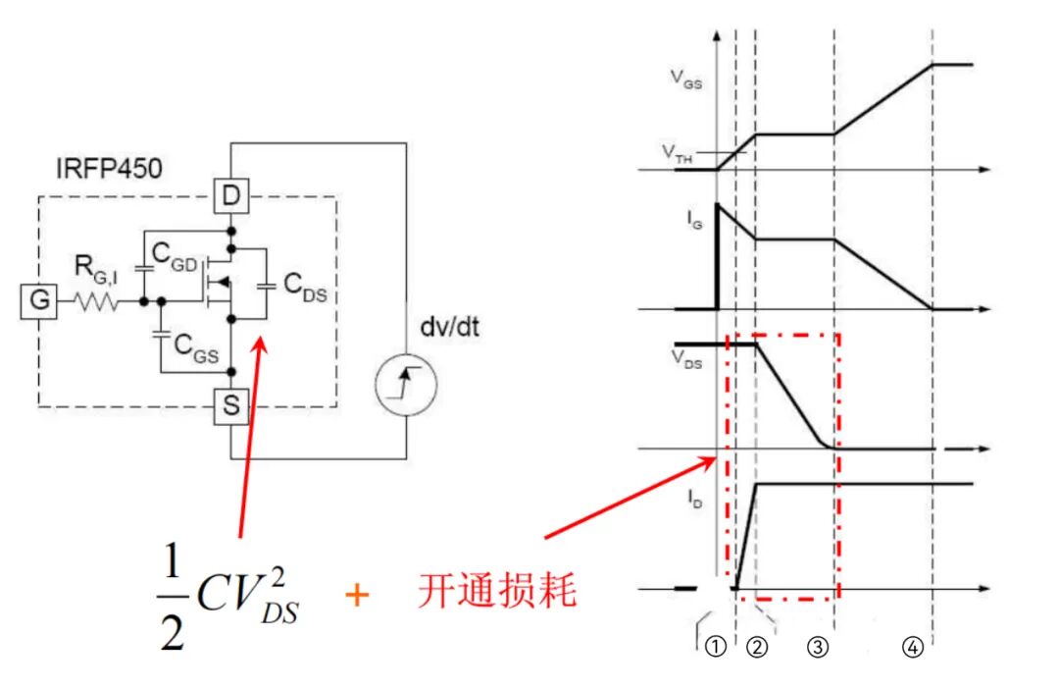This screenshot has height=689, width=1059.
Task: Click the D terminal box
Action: coord(230,197)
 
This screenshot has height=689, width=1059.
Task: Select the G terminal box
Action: coord(39,301)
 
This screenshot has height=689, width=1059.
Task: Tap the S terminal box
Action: coord(230,406)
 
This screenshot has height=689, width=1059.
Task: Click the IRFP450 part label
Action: coord(107,168)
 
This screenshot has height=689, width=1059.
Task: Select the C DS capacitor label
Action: coord(306,285)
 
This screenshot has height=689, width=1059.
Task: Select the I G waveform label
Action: coord(694,225)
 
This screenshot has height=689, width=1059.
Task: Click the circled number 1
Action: coord(717,648)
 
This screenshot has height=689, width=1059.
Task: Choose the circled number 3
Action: coord(820,648)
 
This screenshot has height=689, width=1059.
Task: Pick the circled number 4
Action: coord(913,648)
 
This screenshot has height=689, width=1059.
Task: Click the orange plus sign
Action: coord(358,595)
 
